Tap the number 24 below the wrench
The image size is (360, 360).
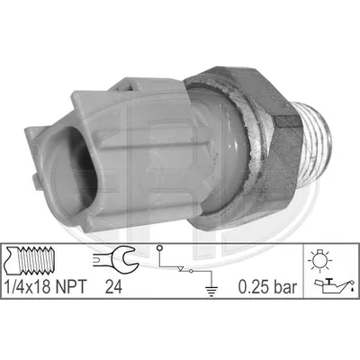[113, 287]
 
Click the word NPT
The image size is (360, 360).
[69, 287]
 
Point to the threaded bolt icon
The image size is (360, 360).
[30, 260]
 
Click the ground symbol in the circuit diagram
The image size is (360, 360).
[211, 292]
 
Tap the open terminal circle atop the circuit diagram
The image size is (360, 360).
[160, 248]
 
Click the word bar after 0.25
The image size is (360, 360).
[284, 287]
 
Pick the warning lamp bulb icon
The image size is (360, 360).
[319, 260]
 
